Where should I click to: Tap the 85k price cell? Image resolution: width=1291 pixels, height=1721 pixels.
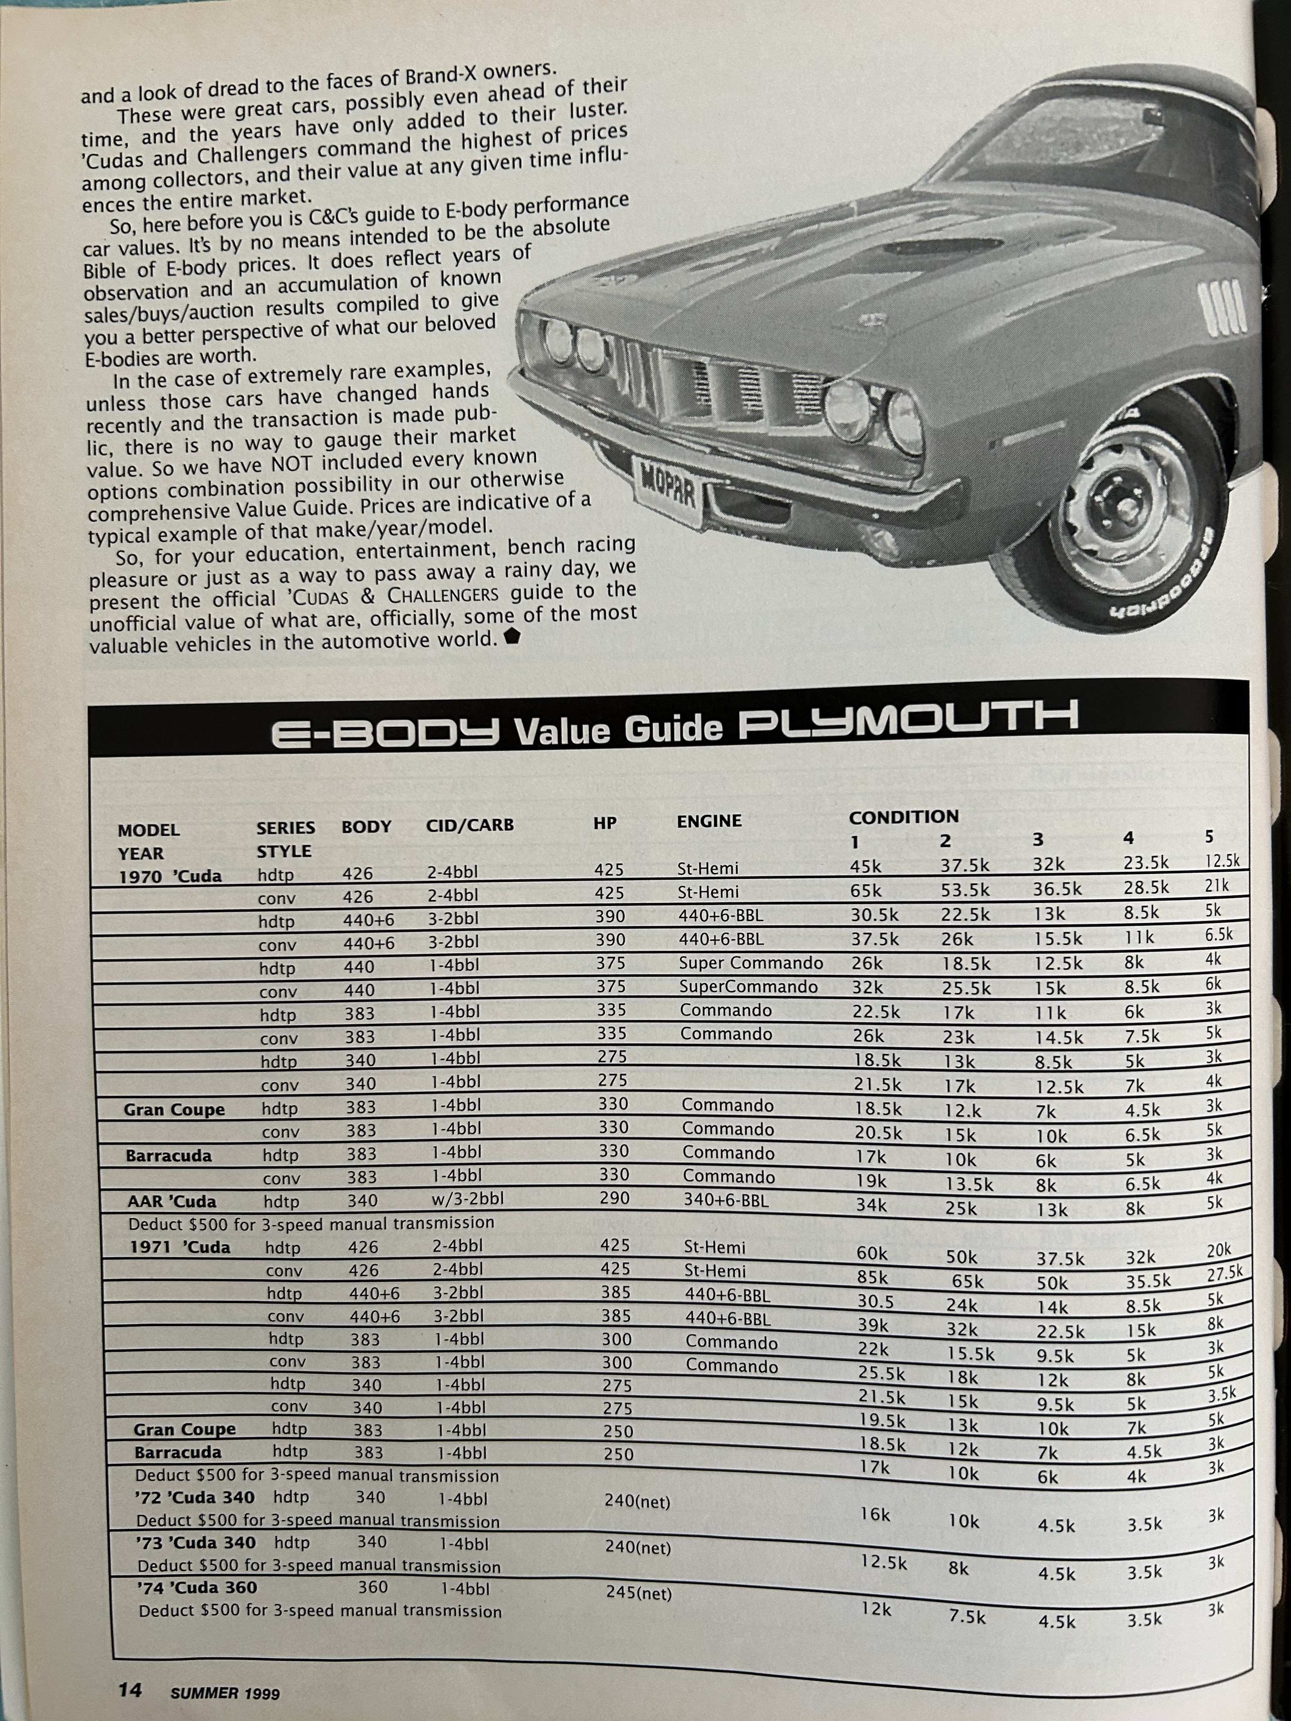click(872, 1277)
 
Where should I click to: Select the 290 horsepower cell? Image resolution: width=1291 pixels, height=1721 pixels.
click(614, 1198)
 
